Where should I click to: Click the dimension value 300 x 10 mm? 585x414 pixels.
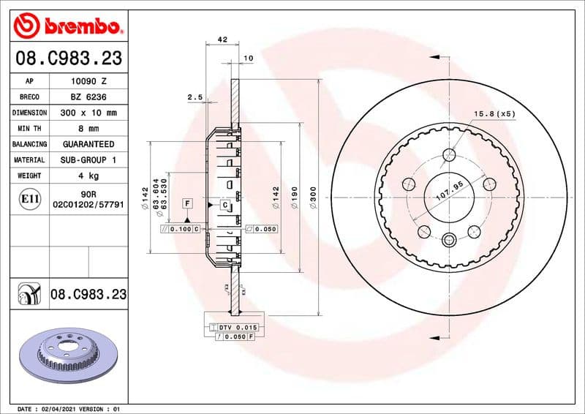[88, 113]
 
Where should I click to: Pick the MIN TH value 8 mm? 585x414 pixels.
[88, 129]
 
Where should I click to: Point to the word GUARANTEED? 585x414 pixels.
[88, 144]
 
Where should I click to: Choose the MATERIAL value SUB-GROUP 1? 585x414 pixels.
[88, 159]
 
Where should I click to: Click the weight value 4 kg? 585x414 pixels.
[88, 176]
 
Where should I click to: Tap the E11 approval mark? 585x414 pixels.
[30, 198]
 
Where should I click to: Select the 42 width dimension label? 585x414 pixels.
[223, 40]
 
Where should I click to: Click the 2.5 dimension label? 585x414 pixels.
[195, 97]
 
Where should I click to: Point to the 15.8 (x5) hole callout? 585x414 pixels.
[495, 114]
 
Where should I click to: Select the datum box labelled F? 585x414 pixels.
[187, 202]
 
